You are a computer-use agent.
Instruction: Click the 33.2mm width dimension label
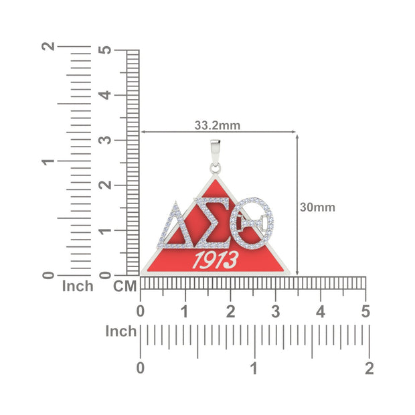point(218,124)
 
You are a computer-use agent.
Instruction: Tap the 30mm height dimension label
point(317,207)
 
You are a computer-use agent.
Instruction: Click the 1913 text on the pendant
point(215,260)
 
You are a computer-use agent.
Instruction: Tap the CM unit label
point(124,286)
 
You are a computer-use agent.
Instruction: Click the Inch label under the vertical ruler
point(78,286)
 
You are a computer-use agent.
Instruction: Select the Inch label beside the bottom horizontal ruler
point(121,331)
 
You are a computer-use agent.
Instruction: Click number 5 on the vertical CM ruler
point(104,50)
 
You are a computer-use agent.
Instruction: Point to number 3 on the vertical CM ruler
point(104,141)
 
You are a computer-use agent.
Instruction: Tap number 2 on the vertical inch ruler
point(48,48)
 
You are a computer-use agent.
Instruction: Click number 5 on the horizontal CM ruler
point(365,311)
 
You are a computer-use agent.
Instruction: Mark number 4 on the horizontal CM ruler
point(321,311)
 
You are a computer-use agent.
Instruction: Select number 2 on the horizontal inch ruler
point(369,367)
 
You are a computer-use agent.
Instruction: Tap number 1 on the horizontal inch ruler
point(254,367)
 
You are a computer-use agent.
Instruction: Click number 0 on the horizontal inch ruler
point(141,367)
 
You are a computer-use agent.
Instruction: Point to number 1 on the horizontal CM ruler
point(185,311)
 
